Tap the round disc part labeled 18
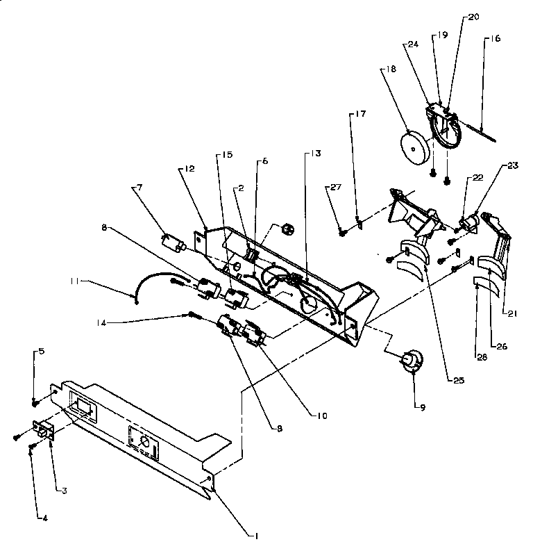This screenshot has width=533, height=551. coord(415,148)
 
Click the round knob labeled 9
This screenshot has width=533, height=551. coord(412,361)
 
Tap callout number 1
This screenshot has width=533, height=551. coord(257,535)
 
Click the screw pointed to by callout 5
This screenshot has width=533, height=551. coord(35,401)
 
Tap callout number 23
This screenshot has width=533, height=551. coord(512,165)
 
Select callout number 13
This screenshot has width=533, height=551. coord(307,154)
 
